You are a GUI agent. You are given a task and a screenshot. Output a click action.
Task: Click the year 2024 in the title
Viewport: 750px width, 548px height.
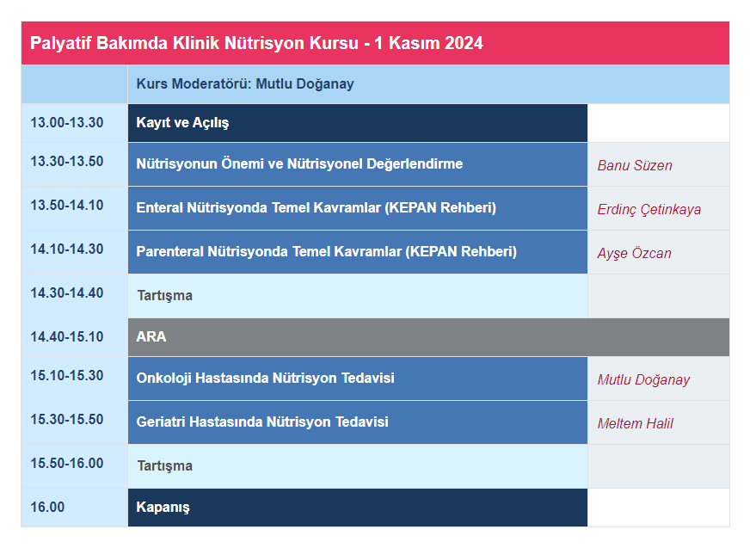coord(464,43)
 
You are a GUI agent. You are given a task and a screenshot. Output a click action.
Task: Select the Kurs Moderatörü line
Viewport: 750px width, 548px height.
coord(245,83)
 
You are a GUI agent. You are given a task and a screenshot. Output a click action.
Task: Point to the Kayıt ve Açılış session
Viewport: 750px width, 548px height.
coord(182,123)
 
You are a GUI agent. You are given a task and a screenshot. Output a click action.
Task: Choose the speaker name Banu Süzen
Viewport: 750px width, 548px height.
coord(635,165)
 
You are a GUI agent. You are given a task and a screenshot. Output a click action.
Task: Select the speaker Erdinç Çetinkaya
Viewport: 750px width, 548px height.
coord(649,210)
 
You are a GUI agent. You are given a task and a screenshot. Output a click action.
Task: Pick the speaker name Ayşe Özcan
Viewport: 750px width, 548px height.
coord(634,253)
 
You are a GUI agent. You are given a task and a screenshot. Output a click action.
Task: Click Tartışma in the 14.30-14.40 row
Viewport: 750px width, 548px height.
coord(164,296)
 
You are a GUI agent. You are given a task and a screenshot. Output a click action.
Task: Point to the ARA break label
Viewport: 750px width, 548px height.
coord(151,336)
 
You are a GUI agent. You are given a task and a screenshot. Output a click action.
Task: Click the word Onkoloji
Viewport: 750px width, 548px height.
coord(164,379)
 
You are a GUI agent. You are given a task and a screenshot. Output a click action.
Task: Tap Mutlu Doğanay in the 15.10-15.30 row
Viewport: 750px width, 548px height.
coord(643,380)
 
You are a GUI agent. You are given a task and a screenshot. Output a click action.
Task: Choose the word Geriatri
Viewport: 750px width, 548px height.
coord(161,422)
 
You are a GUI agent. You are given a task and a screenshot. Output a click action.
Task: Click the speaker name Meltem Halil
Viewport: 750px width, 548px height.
coord(636,423)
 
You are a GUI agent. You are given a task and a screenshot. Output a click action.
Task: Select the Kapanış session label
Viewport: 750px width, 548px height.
coord(163,508)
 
